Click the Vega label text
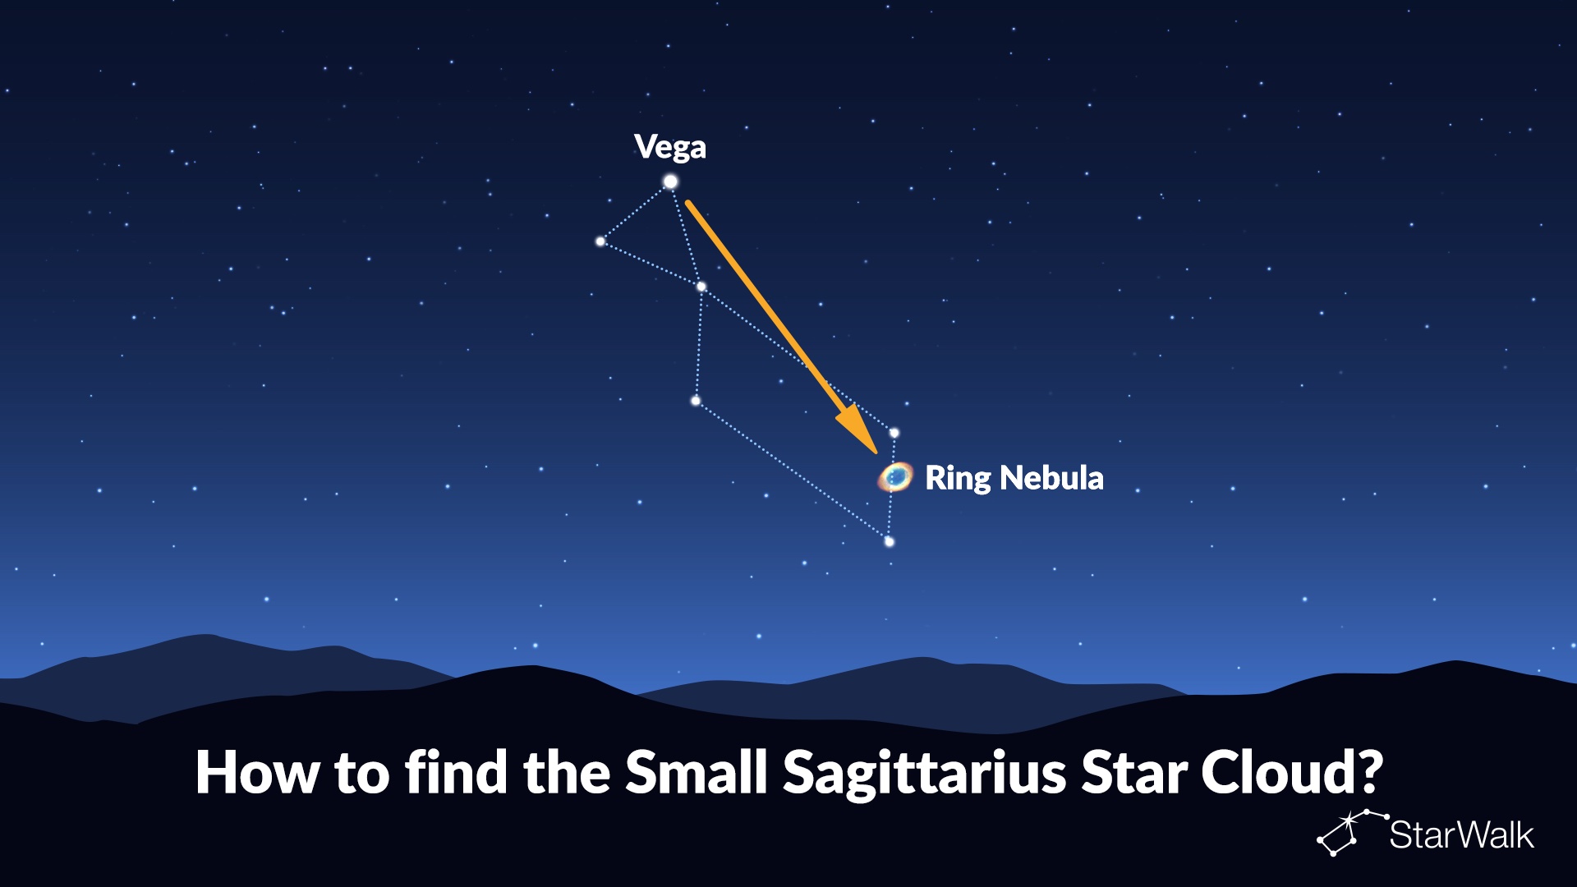pos(670,148)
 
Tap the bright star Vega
pos(670,182)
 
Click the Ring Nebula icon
pos(895,476)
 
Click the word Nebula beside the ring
pos(1052,477)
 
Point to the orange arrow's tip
pos(876,453)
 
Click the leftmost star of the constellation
pos(600,241)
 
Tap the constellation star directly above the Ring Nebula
pos(894,433)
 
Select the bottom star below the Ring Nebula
pos(889,542)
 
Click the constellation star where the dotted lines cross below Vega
pos(701,287)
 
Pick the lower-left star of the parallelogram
pos(696,401)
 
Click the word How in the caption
pos(257,773)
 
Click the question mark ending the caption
pos(1368,772)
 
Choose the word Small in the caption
pos(697,772)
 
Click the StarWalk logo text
pos(1461,835)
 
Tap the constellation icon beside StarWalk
pos(1352,833)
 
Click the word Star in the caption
pos(1133,773)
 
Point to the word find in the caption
pos(457,772)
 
